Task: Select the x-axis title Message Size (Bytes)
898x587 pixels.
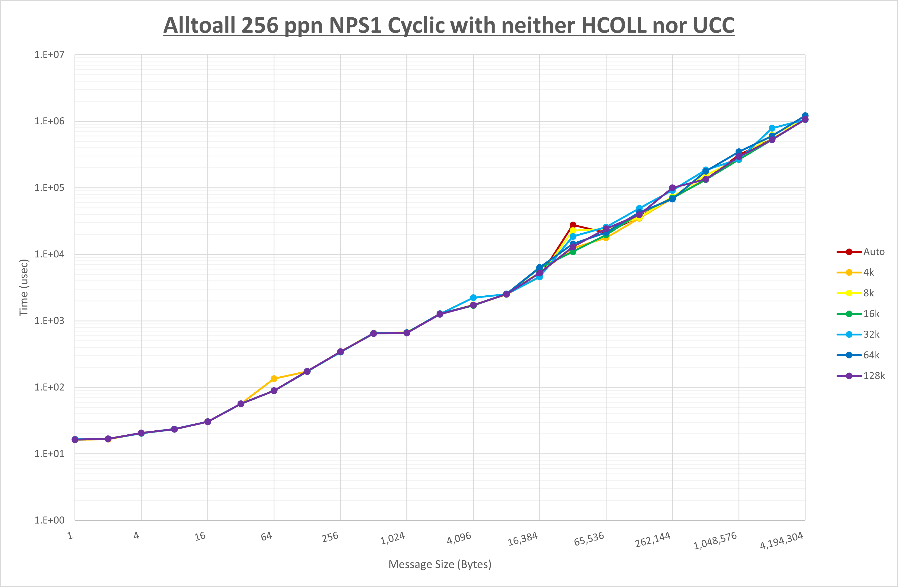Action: [440, 564]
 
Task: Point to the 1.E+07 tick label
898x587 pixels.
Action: [49, 55]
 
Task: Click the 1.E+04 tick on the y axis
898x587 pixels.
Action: [49, 254]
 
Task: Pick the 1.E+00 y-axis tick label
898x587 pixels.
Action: [49, 520]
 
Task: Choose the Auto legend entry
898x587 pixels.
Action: [873, 252]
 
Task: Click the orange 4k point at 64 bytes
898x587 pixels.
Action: [274, 379]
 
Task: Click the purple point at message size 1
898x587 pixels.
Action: [75, 439]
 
